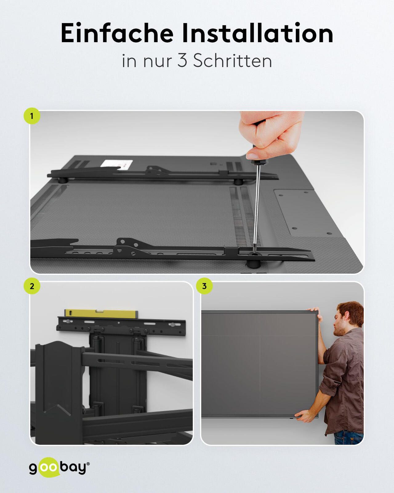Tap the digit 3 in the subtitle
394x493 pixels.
(182, 61)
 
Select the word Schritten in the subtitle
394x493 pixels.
(233, 61)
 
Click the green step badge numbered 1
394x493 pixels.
(32, 116)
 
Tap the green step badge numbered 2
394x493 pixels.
(32, 286)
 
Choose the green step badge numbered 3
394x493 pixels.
(204, 286)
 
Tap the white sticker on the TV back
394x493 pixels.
(117, 164)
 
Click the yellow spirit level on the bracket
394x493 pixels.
(101, 314)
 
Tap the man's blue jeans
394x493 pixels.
(349, 437)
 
